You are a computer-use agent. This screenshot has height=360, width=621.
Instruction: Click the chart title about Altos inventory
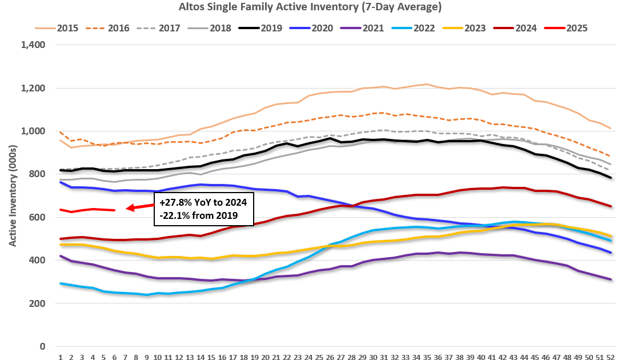click(310, 7)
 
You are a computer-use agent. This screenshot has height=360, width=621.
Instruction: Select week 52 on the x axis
click(610, 357)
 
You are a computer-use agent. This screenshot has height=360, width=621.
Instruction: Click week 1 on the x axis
click(60, 357)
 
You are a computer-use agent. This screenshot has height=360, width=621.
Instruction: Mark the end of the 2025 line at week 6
click(114, 210)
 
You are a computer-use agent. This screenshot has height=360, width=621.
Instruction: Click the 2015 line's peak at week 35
click(427, 85)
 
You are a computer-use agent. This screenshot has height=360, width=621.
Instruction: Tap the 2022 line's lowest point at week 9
click(147, 295)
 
